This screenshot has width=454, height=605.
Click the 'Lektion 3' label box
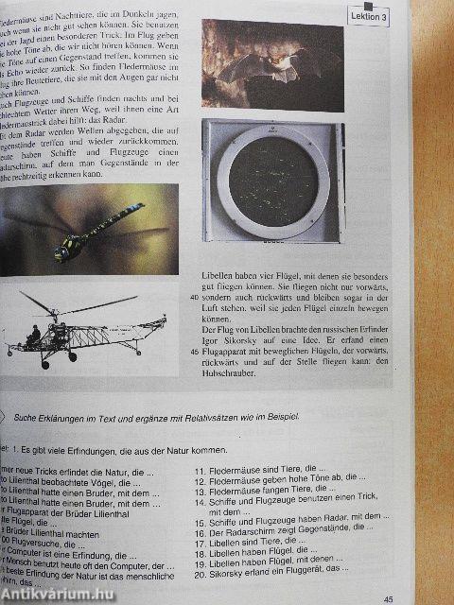pos(369,16)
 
